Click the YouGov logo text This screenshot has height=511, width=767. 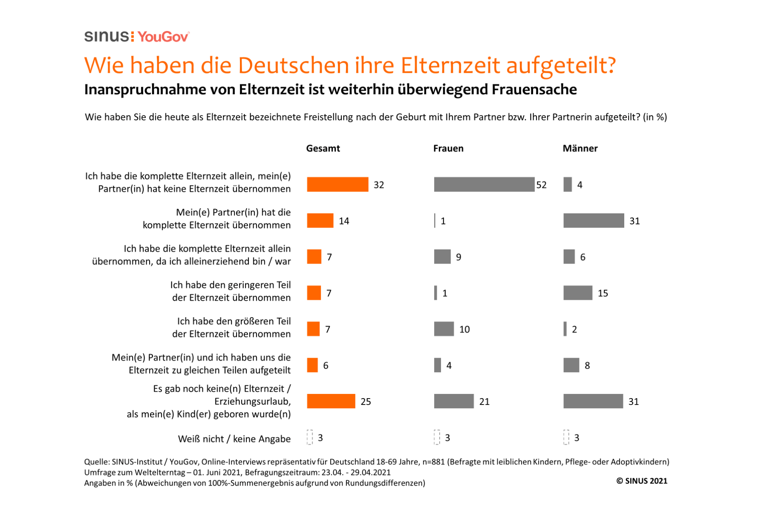(x=163, y=37)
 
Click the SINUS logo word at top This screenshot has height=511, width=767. (x=107, y=37)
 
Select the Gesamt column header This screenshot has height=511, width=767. (x=323, y=148)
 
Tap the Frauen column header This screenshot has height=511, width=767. (x=448, y=148)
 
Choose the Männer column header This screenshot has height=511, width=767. (x=580, y=148)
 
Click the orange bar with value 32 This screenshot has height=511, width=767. (x=337, y=184)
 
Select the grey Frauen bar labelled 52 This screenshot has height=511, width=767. (x=484, y=184)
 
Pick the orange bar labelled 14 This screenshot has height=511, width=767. (x=320, y=221)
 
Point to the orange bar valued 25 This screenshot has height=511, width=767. (x=331, y=401)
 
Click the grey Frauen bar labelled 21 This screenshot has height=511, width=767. (x=454, y=401)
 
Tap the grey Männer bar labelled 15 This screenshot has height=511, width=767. (x=578, y=293)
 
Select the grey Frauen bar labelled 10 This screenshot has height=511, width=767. (x=444, y=329)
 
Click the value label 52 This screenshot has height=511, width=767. (x=541, y=185)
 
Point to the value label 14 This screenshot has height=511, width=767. (x=344, y=221)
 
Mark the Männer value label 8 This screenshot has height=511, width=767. (x=587, y=365)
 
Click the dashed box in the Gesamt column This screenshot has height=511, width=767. (x=310, y=437)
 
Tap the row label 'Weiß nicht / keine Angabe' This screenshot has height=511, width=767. (x=234, y=439)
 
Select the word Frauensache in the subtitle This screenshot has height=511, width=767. (x=534, y=89)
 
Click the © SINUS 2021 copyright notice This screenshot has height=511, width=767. (x=642, y=481)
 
